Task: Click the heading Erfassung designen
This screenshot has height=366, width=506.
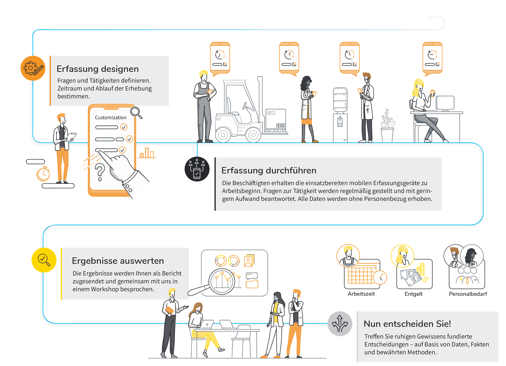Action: click(98, 69)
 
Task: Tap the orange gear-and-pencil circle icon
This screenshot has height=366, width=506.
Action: click(33, 68)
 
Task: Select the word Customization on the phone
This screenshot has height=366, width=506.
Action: click(111, 117)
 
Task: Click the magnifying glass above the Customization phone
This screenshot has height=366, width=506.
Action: click(136, 112)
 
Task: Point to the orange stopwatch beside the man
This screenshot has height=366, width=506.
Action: click(43, 174)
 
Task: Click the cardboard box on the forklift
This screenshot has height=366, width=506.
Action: click(276, 119)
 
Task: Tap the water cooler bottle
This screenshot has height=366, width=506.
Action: click(340, 99)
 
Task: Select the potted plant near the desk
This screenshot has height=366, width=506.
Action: click(387, 126)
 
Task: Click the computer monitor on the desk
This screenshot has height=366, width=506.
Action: click(445, 103)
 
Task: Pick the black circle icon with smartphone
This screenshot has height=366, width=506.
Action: click(197, 169)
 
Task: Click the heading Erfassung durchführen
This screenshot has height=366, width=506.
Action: click(269, 170)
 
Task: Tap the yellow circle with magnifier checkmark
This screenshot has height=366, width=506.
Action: click(44, 260)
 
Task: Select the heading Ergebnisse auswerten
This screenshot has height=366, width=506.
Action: click(118, 261)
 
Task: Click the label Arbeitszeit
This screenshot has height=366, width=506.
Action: click(361, 294)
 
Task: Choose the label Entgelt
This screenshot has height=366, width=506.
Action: click(413, 294)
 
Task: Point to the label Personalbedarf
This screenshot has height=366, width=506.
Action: click(468, 294)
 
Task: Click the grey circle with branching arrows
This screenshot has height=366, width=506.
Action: click(340, 324)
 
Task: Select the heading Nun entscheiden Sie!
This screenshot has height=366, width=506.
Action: click(407, 324)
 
